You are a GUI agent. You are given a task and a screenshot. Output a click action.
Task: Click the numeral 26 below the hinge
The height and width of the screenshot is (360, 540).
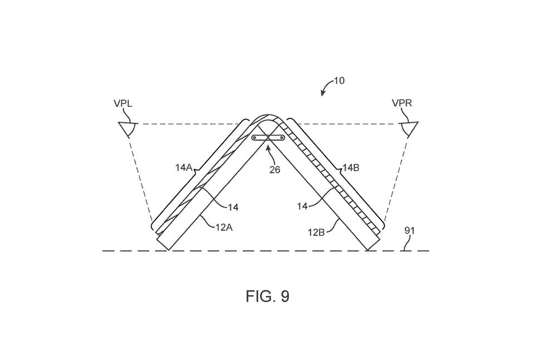point(274,170)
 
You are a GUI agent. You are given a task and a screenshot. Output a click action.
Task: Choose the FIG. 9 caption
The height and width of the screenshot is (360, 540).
point(267,297)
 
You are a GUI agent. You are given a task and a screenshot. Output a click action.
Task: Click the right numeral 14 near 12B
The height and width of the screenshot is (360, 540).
point(303,206)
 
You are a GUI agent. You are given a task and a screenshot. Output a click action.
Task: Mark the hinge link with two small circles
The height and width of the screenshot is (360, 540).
point(269,138)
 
